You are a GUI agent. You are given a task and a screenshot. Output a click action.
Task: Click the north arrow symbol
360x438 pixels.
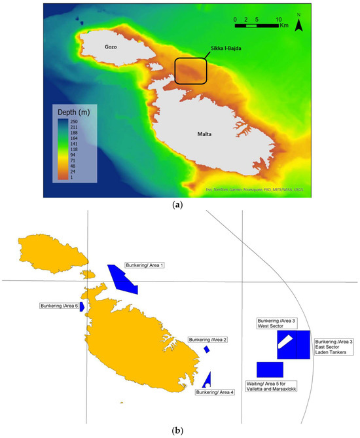tap(298, 25)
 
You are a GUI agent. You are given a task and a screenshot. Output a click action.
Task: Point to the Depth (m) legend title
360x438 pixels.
tap(75, 109)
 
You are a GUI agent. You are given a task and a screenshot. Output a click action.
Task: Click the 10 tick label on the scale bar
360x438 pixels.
tap(279, 18)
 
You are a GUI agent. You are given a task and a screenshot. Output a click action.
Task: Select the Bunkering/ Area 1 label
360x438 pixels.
tap(145, 266)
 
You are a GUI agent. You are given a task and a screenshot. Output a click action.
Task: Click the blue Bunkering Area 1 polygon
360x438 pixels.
tap(122, 278)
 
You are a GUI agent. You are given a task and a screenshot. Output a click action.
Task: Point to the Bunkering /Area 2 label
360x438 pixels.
tap(207, 340)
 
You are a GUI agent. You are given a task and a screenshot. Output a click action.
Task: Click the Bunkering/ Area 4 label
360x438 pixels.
tap(214, 392)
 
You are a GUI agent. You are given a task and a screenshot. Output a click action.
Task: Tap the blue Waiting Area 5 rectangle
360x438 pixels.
tap(270, 369)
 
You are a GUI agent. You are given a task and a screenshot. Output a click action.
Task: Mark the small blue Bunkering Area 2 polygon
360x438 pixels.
tap(206, 350)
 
